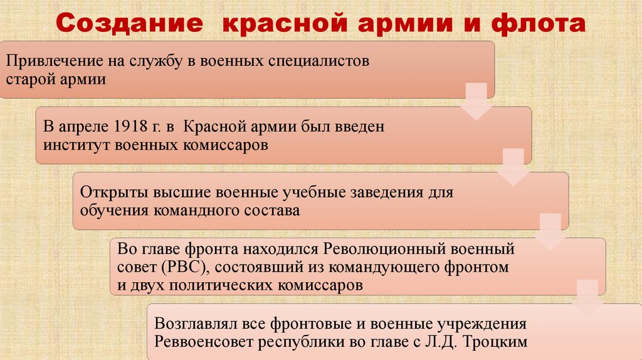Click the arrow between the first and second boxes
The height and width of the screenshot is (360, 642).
point(476,104)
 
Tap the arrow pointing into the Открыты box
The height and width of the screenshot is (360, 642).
point(513,169)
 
